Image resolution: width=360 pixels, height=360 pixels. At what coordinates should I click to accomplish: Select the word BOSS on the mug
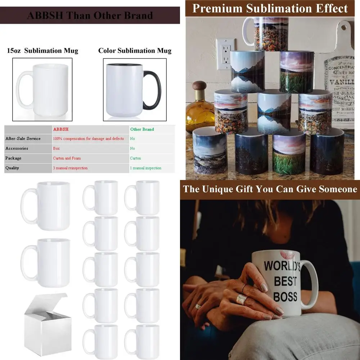pos(285,296)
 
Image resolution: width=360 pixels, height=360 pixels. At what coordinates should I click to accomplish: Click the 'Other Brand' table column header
pos(142,129)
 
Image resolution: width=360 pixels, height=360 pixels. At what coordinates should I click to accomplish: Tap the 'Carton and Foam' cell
pos(67,158)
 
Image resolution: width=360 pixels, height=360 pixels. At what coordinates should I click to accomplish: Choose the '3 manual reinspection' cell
pos(70,168)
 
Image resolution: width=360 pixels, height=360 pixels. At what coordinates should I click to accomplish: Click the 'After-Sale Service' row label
pos(23,139)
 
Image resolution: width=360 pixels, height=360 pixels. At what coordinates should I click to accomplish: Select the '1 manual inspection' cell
pos(145,168)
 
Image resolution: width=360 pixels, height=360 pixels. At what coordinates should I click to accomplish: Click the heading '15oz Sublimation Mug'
pos(42,51)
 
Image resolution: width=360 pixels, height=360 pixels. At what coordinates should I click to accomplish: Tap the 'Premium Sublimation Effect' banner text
pos(270,8)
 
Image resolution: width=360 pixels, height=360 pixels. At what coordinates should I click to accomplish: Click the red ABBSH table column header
pos(61,129)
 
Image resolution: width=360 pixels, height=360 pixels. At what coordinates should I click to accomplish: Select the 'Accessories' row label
pos(17,148)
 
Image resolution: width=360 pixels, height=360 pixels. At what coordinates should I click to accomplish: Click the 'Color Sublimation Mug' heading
pos(135,51)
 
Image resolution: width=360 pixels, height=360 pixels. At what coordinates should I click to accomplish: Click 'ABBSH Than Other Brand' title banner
pos(90,16)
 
